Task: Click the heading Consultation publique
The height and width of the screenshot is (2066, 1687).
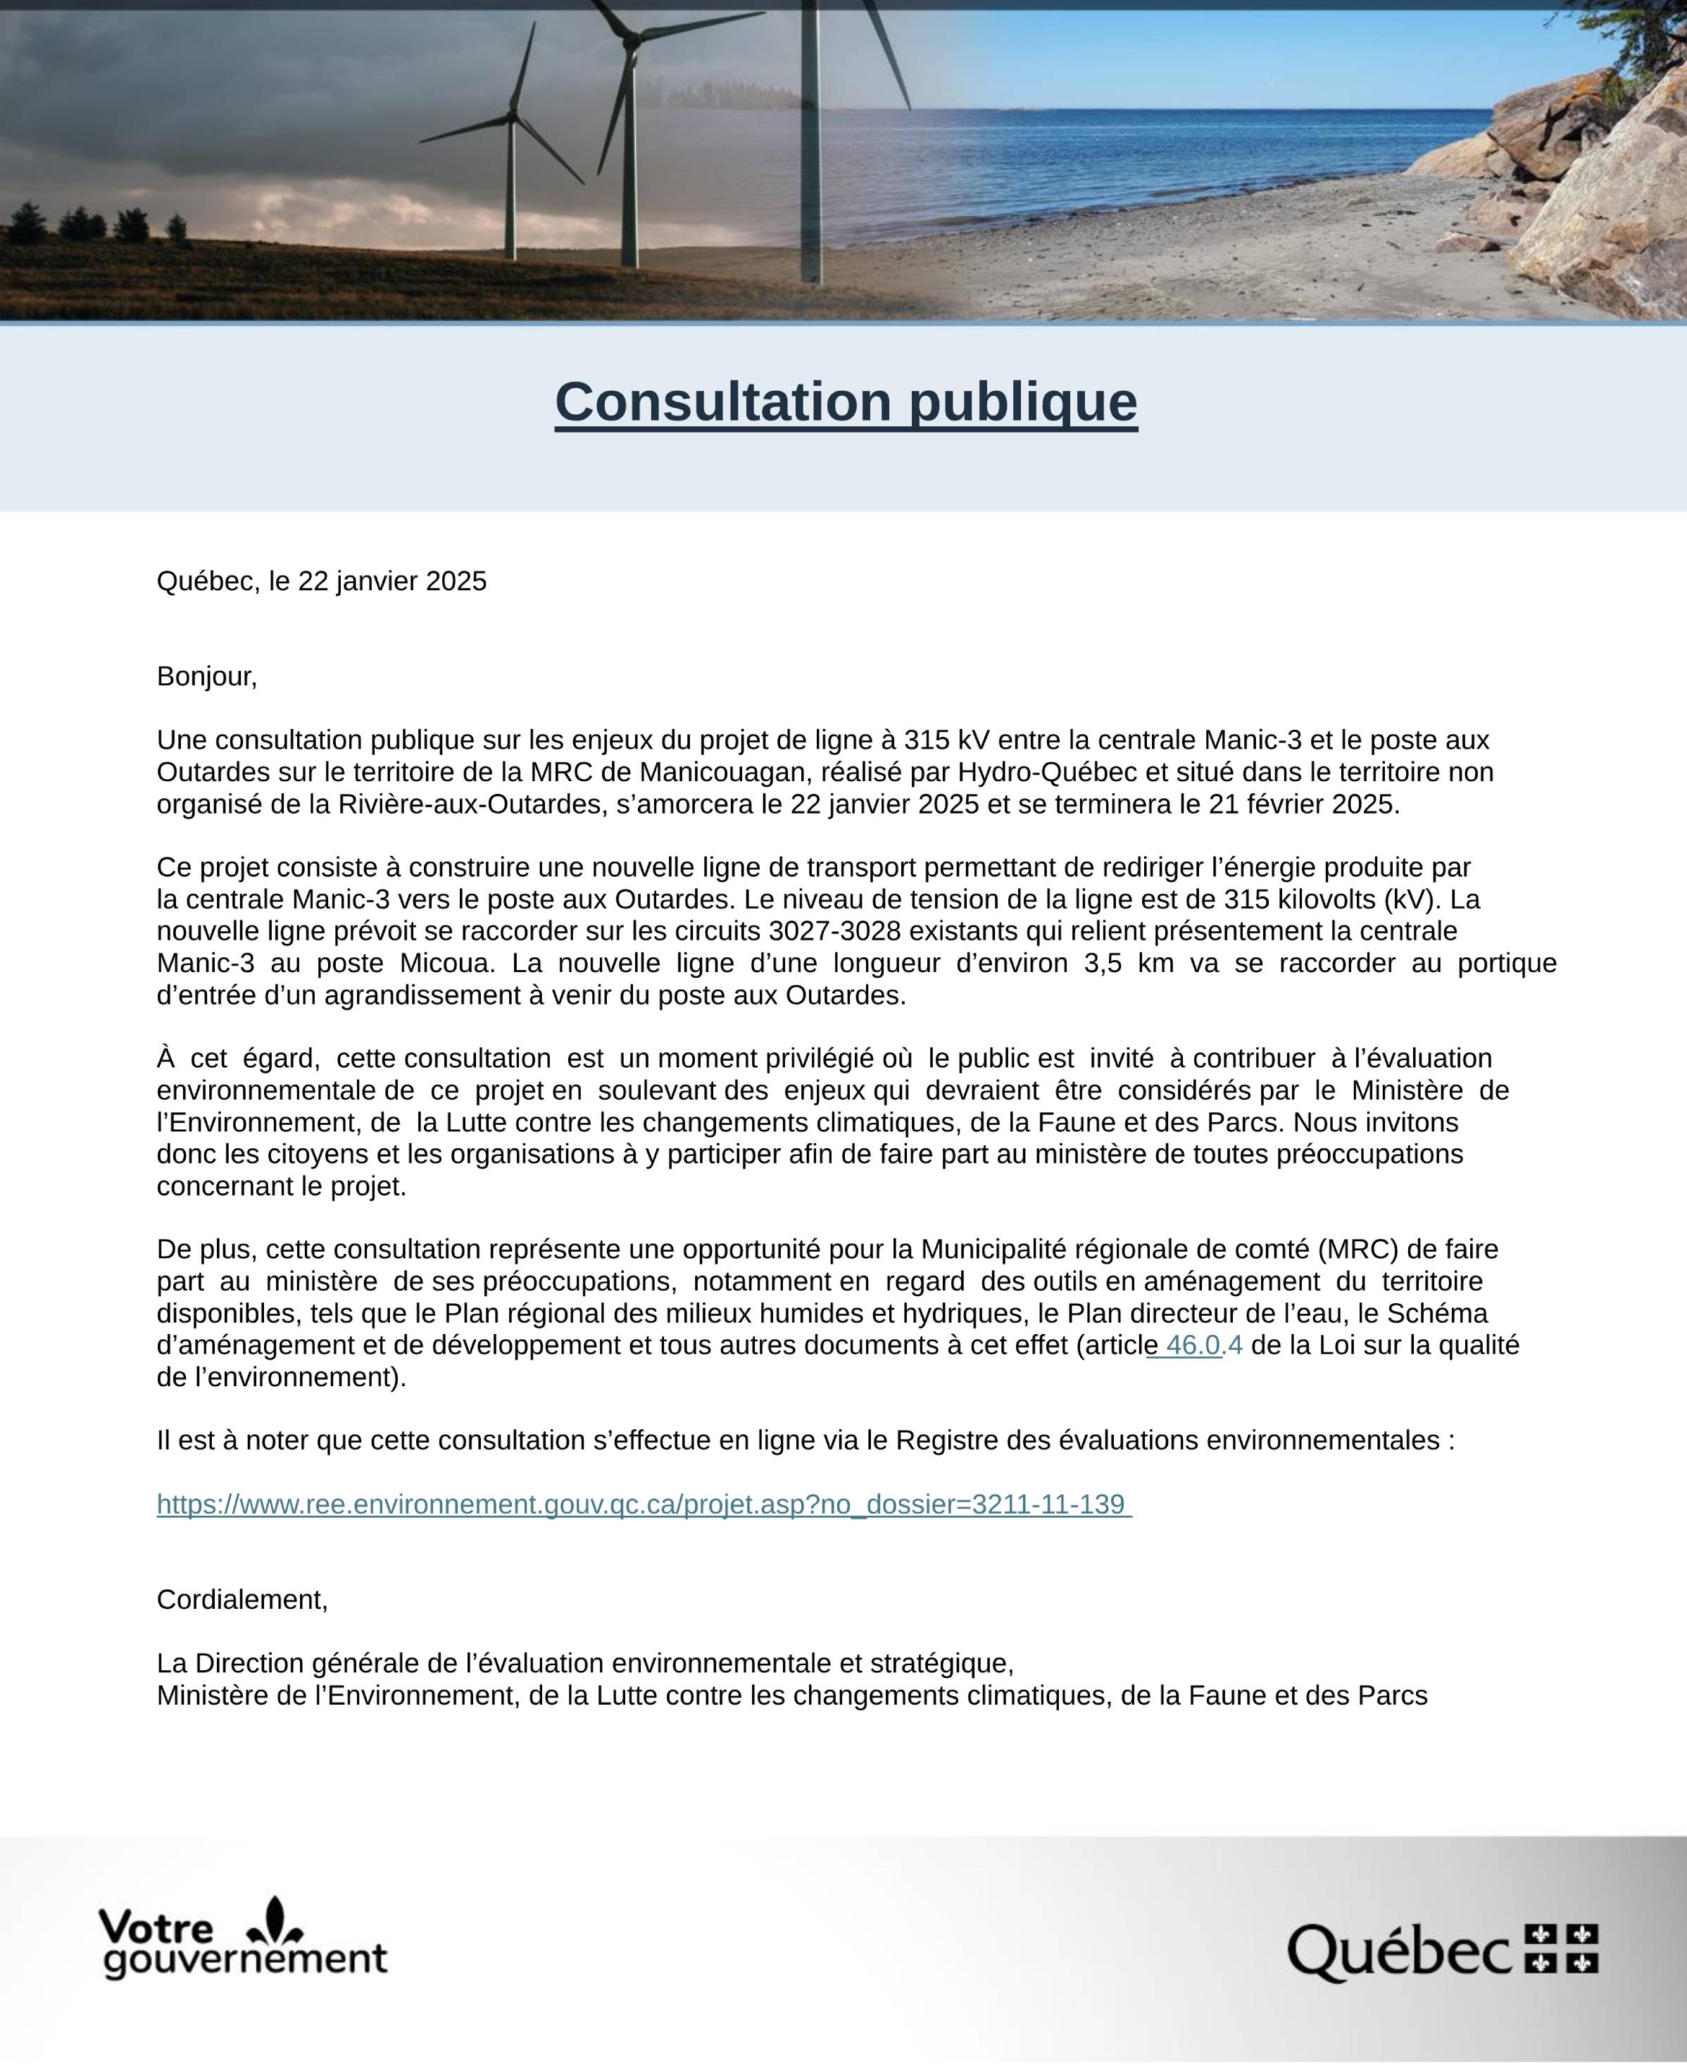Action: click(x=846, y=402)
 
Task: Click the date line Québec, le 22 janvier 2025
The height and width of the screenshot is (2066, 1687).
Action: click(x=322, y=581)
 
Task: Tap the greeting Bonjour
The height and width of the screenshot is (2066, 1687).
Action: click(x=206, y=677)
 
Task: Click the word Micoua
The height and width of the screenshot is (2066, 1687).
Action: click(x=440, y=964)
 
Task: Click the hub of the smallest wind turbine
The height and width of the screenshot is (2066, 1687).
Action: click(x=512, y=120)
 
